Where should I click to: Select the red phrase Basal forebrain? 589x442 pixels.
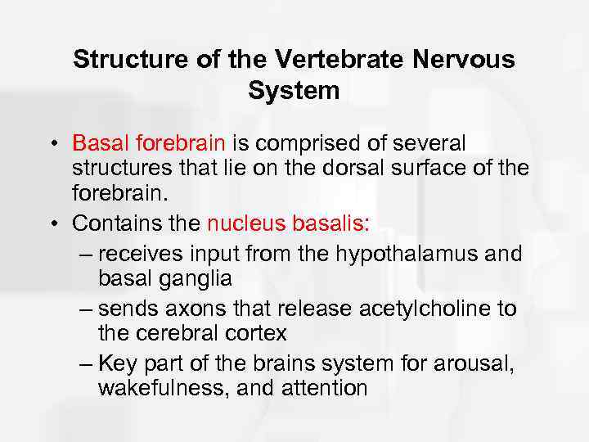coord(148,143)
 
